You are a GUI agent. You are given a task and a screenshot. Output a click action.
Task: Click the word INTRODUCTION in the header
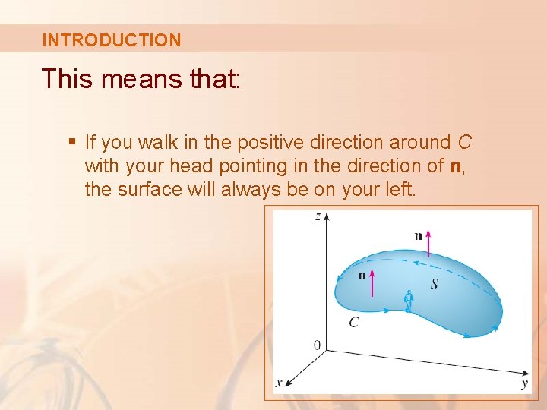(x=112, y=40)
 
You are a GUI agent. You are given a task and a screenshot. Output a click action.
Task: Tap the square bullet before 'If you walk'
(x=72, y=141)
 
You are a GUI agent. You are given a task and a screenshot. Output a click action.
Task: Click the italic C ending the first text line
(x=465, y=142)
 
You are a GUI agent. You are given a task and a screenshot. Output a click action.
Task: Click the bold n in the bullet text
(x=456, y=166)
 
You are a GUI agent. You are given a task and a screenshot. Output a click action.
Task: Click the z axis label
(x=318, y=217)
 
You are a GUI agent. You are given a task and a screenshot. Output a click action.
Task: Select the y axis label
(x=524, y=384)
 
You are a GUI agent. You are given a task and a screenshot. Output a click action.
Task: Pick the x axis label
(x=278, y=383)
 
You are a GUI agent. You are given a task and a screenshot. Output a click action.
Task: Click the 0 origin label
(x=318, y=346)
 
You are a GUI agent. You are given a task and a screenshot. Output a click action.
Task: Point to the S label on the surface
(x=434, y=284)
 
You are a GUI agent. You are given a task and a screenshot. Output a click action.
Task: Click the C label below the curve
(x=354, y=323)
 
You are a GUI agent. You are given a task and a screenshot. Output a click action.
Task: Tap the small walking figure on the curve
(x=409, y=301)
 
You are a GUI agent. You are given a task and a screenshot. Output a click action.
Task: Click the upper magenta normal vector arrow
(x=428, y=246)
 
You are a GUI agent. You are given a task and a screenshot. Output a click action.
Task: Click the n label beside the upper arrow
(x=418, y=236)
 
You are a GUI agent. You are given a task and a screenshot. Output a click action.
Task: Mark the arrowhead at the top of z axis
(x=327, y=216)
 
